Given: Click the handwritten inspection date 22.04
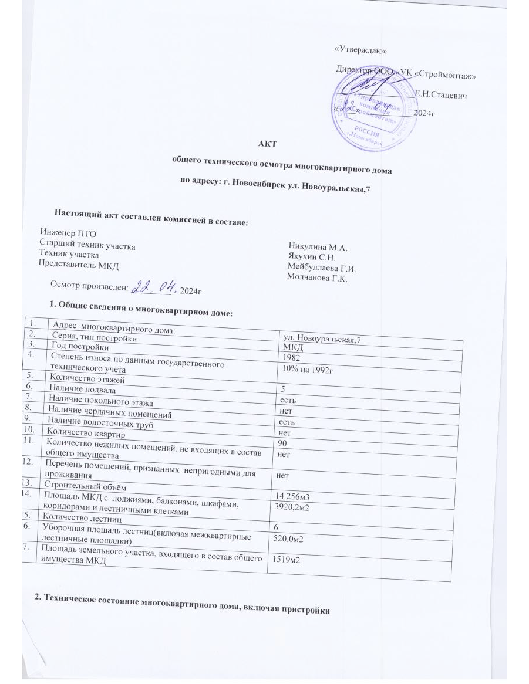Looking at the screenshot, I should point(151,288).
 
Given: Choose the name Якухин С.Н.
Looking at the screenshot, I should point(312,257).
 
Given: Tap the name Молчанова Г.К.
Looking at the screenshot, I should point(318,279).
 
